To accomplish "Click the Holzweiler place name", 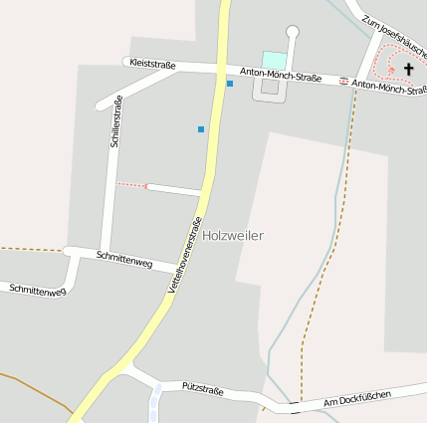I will pyautogui.click(x=233, y=236).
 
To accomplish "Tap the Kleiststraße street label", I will pyautogui.click(x=152, y=65).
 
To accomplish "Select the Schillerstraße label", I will pyautogui.click(x=116, y=121).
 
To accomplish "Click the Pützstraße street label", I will pyautogui.click(x=202, y=386).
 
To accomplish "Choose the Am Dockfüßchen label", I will pyautogui.click(x=357, y=399).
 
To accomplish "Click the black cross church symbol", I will pyautogui.click(x=408, y=69).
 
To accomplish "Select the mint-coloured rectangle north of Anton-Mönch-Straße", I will pyautogui.click(x=273, y=61).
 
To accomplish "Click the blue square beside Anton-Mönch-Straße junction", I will pyautogui.click(x=230, y=84).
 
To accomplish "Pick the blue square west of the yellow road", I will pyautogui.click(x=201, y=129).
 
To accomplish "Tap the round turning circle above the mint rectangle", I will pyautogui.click(x=293, y=32).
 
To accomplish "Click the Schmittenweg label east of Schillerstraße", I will pyautogui.click(x=124, y=261).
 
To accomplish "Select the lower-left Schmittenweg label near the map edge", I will pyautogui.click(x=37, y=291).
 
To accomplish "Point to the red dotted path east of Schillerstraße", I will pyautogui.click(x=130, y=185).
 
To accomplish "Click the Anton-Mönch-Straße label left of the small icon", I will pyautogui.click(x=289, y=76).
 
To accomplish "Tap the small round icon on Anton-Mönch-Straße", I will pyautogui.click(x=344, y=82).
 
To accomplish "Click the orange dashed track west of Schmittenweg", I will pyautogui.click(x=30, y=249).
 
